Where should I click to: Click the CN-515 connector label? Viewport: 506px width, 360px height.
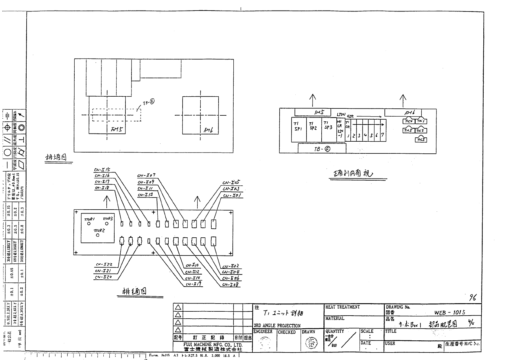[102, 170]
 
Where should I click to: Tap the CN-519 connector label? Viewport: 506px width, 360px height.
[193, 284]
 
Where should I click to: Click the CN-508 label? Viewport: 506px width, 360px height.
[231, 284]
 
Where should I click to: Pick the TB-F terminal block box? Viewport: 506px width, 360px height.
[322, 148]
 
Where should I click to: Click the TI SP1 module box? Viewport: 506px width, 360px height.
[298, 130]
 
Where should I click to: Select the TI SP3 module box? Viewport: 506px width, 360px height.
[329, 130]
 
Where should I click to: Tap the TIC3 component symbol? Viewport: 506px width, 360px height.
[420, 140]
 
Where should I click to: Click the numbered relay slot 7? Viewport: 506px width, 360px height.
[383, 135]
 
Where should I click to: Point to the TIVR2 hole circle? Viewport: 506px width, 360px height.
[98, 235]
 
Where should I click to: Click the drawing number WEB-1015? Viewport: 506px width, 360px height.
[449, 313]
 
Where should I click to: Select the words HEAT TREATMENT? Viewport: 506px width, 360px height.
[342, 307]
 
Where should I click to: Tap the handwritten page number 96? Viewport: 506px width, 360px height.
[472, 298]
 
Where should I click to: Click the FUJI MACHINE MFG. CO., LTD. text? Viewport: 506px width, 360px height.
[212, 345]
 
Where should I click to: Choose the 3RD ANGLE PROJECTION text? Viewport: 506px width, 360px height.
[277, 326]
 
